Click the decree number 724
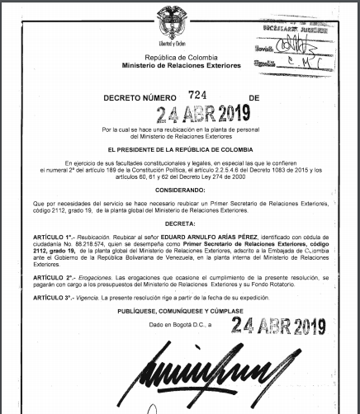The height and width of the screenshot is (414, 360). (196, 96)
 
